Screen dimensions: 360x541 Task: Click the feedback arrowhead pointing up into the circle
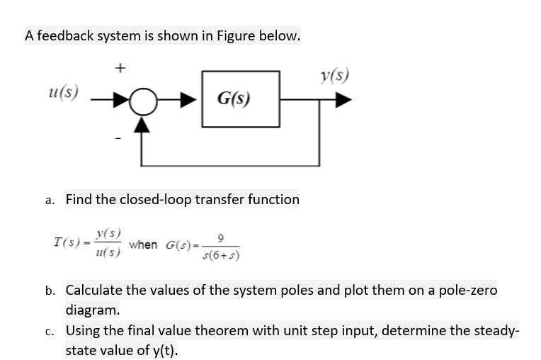143,125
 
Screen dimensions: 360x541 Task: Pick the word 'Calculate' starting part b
96,291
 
